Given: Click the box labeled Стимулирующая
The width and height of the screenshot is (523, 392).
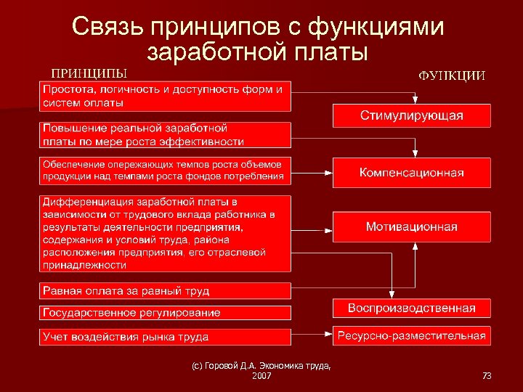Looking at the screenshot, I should [411, 116].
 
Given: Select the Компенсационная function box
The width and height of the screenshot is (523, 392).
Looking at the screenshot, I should [411, 173].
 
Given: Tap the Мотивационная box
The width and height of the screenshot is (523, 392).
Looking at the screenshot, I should [411, 226].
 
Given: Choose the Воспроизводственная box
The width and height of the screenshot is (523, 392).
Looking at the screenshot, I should [411, 308].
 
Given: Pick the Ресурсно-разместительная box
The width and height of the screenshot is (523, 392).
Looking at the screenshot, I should [411, 335].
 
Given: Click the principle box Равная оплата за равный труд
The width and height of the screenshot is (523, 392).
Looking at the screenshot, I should [165, 290].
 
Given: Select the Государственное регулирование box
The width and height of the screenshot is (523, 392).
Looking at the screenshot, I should [165, 313].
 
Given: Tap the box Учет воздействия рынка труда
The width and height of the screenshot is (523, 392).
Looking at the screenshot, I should [165, 337].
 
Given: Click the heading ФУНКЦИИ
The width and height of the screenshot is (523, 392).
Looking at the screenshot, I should [451, 75].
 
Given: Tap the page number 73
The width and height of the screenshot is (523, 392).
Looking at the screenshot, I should [486, 375].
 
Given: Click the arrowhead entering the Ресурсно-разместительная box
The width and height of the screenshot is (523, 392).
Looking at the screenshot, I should [329, 336].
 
